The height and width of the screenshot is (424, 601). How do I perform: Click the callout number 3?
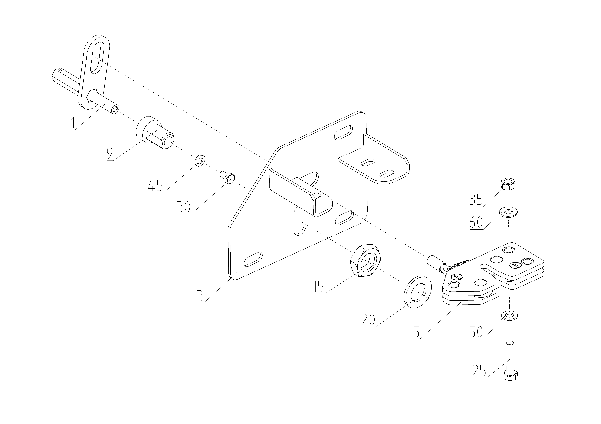click(x=200, y=297)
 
